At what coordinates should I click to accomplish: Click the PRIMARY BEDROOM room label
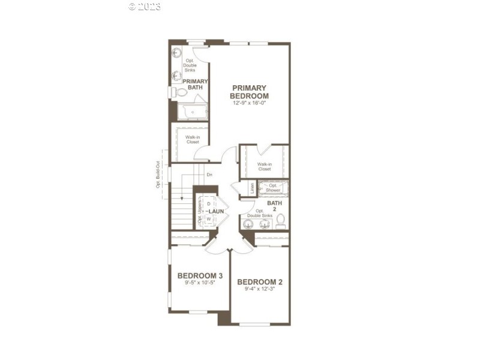tap(250, 92)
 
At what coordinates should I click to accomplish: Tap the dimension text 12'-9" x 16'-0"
tap(250, 103)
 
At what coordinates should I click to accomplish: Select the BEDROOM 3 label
tap(200, 276)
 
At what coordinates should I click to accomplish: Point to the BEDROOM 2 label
tap(260, 281)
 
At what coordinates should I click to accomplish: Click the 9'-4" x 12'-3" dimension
tap(260, 289)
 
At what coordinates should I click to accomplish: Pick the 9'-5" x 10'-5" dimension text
tap(200, 283)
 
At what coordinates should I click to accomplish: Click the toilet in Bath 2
tap(280, 222)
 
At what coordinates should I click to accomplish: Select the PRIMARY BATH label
tap(195, 84)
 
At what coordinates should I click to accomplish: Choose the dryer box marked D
tap(209, 205)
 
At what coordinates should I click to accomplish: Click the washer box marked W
tap(209, 219)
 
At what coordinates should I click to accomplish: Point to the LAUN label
tap(217, 212)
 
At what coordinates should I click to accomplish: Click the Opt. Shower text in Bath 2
tap(274, 188)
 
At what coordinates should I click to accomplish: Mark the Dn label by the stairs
tap(209, 175)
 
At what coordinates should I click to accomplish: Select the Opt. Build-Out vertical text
tap(158, 174)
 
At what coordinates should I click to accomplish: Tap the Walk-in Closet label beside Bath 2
tap(264, 166)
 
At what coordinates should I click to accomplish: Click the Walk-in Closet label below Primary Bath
tap(192, 140)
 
